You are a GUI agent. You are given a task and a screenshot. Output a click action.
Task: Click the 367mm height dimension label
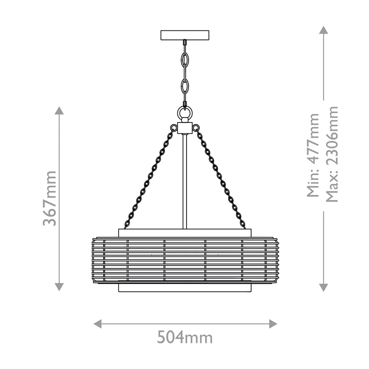[50, 199]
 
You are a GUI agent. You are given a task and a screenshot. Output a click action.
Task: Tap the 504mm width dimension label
[185, 337]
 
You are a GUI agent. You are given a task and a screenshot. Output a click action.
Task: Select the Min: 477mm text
[313, 155]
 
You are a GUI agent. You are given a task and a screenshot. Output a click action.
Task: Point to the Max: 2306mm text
[332, 154]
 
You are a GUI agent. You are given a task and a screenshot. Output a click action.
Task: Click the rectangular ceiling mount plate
[185, 35]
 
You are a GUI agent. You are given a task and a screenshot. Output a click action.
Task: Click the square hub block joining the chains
[185, 128]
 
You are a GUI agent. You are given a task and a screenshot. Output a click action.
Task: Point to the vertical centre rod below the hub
[185, 181]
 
